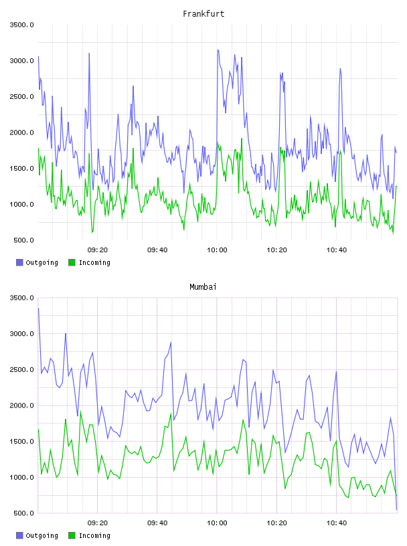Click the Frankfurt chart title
(203, 14)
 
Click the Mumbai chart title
(203, 287)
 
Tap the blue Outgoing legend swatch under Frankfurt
(19, 262)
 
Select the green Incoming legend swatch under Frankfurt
(72, 262)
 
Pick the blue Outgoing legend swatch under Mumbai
(19, 535)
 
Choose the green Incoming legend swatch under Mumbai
(72, 535)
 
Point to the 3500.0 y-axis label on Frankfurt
(21, 25)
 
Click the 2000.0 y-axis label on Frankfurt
(21, 132)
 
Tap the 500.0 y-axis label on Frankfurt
(23, 240)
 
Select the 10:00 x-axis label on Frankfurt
(217, 250)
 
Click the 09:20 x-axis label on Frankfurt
(98, 250)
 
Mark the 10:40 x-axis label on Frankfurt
(337, 250)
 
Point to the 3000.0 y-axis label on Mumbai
(21, 334)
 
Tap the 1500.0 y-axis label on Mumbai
(21, 442)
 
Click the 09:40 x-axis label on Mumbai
(157, 523)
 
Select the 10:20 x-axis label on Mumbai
(276, 523)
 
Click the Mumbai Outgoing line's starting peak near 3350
(38, 308)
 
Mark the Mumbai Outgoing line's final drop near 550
(396, 510)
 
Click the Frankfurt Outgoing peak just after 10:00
(218, 50)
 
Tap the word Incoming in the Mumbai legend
(94, 535)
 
